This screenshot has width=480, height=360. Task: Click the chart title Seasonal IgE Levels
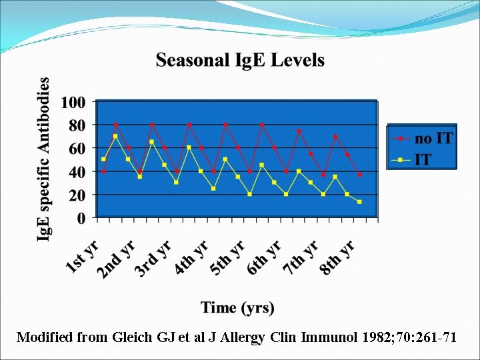point(240,61)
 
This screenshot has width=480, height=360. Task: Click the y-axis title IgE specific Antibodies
point(43,160)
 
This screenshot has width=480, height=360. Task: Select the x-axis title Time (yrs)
point(237,307)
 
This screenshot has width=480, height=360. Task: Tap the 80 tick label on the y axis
point(76,125)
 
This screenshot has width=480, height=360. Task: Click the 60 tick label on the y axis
point(76,148)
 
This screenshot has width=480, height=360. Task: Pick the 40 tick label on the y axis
point(76,171)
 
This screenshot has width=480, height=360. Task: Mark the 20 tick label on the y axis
point(76,195)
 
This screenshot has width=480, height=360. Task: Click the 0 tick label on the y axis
point(81,217)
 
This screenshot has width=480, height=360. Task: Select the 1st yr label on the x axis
point(83,257)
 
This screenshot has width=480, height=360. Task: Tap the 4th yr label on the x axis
point(193,257)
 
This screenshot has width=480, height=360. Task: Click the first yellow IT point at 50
point(103,159)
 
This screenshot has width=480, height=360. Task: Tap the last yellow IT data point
point(359,202)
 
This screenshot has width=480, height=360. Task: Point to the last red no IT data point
point(359,175)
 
